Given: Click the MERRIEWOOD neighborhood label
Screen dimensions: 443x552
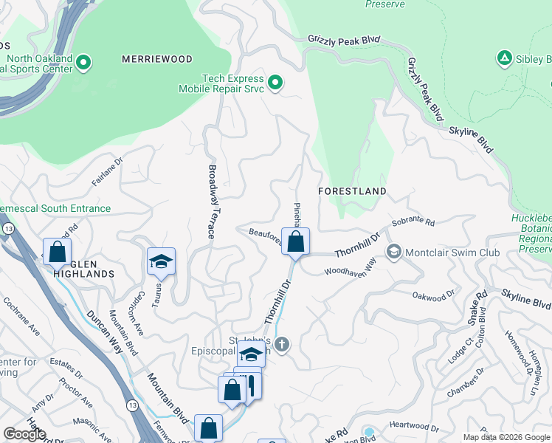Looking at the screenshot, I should pyautogui.click(x=157, y=59).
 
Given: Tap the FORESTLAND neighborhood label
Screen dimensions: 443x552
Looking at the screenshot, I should pyautogui.click(x=352, y=191).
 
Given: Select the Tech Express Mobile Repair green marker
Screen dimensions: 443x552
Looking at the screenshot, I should pyautogui.click(x=275, y=83).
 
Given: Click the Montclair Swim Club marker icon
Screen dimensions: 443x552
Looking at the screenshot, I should pyautogui.click(x=393, y=253).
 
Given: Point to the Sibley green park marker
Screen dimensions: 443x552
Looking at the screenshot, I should pyautogui.click(x=504, y=58).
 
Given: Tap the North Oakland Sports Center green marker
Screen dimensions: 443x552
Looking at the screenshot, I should pyautogui.click(x=83, y=63).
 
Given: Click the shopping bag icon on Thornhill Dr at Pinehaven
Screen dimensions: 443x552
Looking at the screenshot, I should pyautogui.click(x=295, y=241).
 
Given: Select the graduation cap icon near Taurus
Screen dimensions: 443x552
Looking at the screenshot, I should pyautogui.click(x=161, y=261).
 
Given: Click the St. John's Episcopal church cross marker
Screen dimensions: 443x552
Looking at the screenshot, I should pyautogui.click(x=281, y=344).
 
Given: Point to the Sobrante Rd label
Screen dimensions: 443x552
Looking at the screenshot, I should pyautogui.click(x=413, y=221).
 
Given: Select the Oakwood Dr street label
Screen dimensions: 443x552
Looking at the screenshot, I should pyautogui.click(x=433, y=297).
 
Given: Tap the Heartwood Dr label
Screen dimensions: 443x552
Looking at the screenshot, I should pyautogui.click(x=414, y=427).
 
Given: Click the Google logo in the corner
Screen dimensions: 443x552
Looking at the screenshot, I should pyautogui.click(x=24, y=434).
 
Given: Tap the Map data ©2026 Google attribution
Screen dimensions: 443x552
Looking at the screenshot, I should pyautogui.click(x=506, y=437).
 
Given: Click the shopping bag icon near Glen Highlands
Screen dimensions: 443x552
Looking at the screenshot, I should pyautogui.click(x=57, y=252).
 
